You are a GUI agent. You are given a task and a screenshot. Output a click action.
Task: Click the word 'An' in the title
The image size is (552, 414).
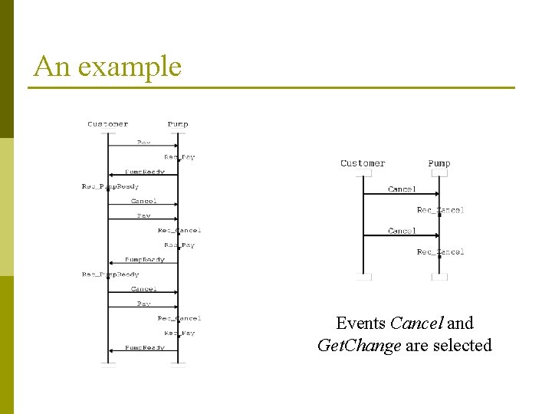click(x=51, y=66)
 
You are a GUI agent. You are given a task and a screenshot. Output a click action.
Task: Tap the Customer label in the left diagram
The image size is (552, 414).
click(x=108, y=124)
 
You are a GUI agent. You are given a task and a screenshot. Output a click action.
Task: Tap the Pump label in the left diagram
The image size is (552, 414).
click(x=178, y=124)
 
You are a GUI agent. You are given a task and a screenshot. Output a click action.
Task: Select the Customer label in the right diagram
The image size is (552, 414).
click(x=363, y=163)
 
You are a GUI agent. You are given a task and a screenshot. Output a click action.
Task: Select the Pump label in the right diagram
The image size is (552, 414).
click(x=439, y=163)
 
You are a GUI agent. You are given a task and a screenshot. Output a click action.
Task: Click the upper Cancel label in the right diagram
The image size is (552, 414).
click(x=402, y=189)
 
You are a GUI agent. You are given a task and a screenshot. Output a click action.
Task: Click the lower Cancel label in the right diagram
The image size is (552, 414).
click(x=402, y=230)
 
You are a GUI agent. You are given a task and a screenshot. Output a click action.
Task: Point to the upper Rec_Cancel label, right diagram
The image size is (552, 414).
click(x=440, y=209)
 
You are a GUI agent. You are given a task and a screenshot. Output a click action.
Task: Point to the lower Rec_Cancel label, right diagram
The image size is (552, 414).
click(x=440, y=251)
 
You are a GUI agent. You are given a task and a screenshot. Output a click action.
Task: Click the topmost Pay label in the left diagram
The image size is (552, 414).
click(x=144, y=143)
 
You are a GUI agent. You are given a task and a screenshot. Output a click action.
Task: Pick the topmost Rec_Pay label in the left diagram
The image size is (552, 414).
click(x=179, y=157)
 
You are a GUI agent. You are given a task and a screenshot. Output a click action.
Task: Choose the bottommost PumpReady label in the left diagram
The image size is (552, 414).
click(x=145, y=347)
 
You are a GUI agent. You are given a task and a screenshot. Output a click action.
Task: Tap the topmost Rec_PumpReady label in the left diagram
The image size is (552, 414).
click(x=110, y=186)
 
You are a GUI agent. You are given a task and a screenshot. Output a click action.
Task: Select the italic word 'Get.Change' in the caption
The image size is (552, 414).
click(x=359, y=346)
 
